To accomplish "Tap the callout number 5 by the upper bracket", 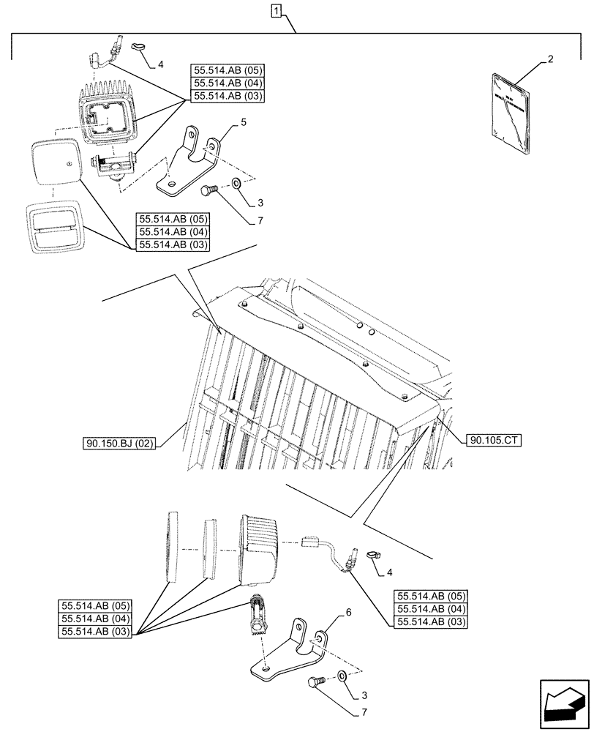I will click(x=233, y=126).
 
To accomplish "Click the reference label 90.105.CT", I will click(x=492, y=440).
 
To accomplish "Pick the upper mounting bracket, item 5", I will click(x=189, y=164).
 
